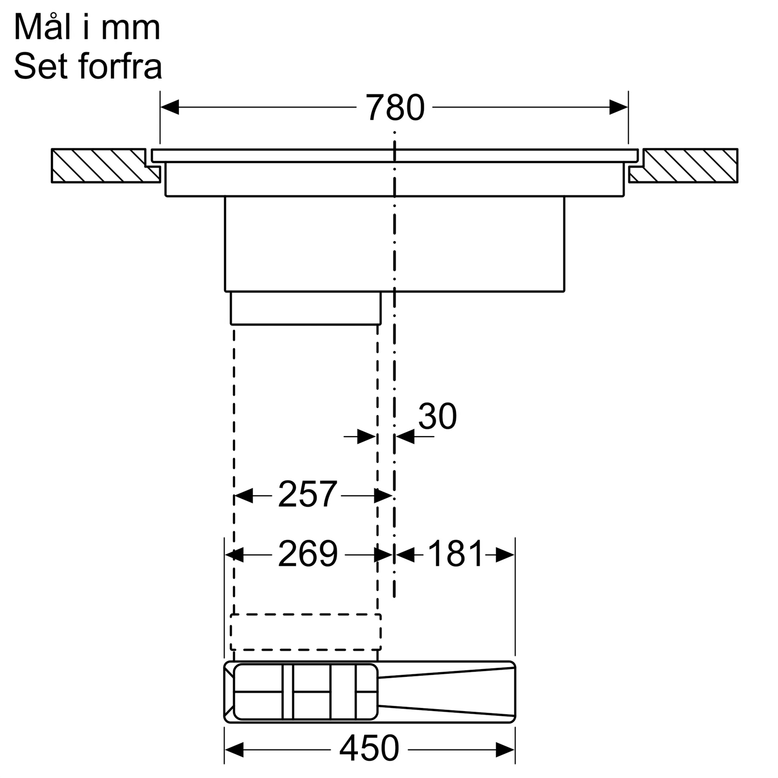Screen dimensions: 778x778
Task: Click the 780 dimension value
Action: tap(395, 108)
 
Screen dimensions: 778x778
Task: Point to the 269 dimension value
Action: tap(308, 553)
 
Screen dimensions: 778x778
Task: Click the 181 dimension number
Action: tap(455, 553)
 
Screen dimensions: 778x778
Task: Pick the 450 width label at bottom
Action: tap(369, 748)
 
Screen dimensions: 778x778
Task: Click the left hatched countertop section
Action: tap(105, 165)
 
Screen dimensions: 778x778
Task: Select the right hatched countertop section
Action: tap(683, 165)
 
